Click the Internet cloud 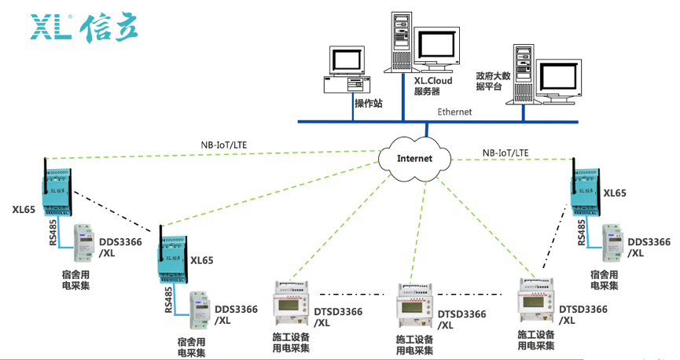[414, 157]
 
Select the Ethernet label [454, 112]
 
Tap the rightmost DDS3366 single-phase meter [613, 244]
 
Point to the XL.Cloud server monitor [438, 49]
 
